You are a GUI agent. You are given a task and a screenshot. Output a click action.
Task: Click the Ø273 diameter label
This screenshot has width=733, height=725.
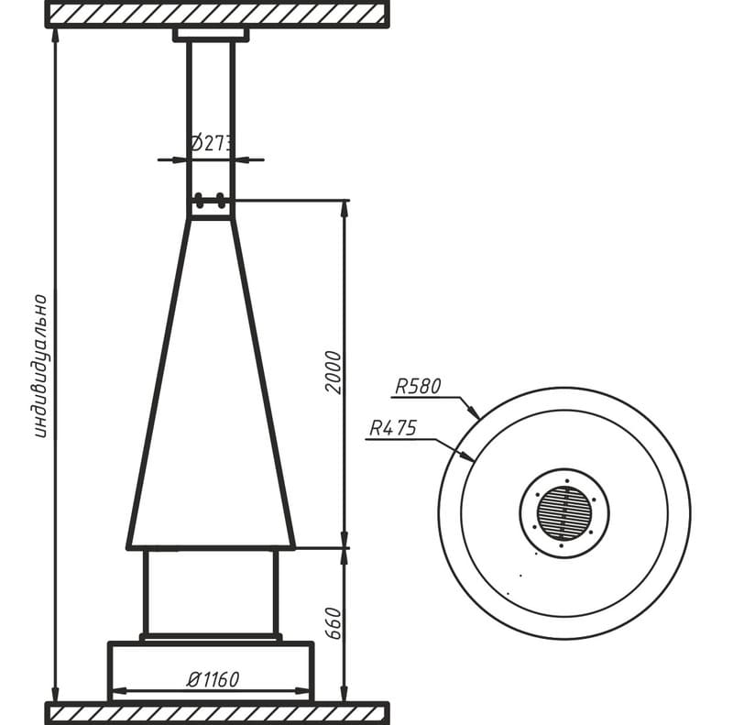[x=212, y=143]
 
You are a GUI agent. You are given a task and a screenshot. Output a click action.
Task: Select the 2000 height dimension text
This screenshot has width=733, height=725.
[x=334, y=372]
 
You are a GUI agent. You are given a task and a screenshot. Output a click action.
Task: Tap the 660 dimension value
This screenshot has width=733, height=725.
[x=334, y=623]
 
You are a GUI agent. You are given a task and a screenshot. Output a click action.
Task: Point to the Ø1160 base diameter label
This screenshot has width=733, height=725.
[x=213, y=679]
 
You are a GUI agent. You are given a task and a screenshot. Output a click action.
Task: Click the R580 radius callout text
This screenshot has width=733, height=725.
[x=418, y=387]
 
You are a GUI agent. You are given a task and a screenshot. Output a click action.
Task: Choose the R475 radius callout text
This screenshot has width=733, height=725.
[x=393, y=428]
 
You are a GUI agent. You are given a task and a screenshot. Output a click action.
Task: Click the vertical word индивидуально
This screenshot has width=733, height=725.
[x=41, y=366]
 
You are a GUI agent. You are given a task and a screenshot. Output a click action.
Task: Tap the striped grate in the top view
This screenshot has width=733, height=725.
[x=564, y=513]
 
